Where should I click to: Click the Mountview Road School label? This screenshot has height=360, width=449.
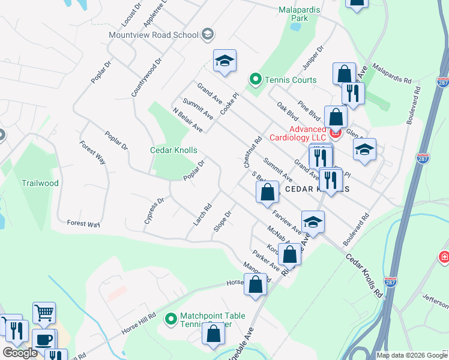tap(154, 34)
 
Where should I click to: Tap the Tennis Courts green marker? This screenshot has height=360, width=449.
tap(255, 79)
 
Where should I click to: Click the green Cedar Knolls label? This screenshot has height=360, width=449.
tap(173, 150)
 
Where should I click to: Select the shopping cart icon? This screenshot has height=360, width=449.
tap(44, 313)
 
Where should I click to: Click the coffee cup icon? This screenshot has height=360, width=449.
tap(43, 340)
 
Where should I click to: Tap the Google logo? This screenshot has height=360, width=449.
tap(20, 353)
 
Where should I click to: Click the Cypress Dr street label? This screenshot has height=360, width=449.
tap(154, 211)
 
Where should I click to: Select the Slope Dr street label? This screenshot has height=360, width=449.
tap(223, 221)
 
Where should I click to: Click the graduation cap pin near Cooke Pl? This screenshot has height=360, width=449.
tap(224, 61)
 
